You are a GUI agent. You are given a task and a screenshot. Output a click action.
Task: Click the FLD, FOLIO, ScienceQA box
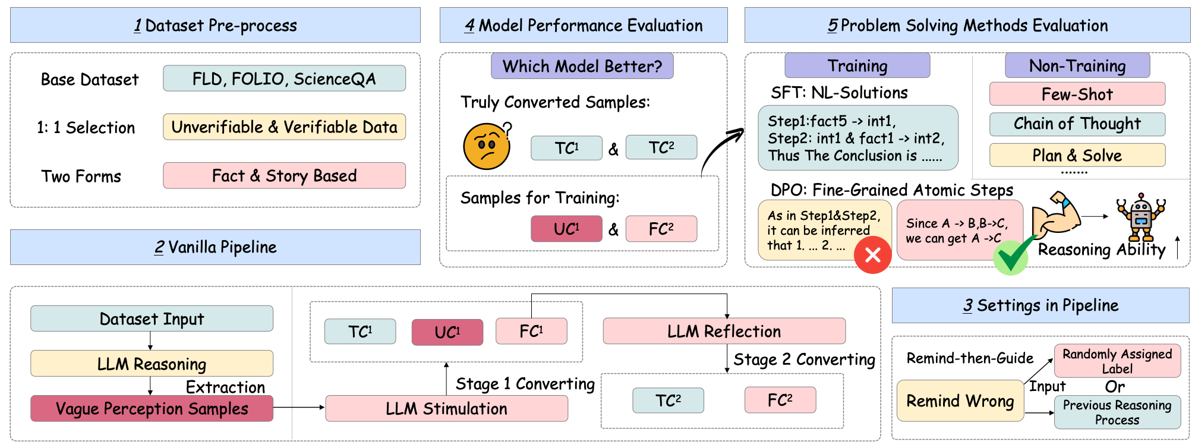[284, 78]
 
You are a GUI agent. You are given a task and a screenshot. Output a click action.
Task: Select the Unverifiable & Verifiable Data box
[284, 127]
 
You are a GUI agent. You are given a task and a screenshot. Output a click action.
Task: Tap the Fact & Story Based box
[284, 176]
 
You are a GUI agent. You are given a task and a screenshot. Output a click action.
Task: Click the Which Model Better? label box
[582, 66]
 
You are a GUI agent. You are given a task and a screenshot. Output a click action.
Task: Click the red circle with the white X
[872, 255]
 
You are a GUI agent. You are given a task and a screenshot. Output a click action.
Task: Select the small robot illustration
[1141, 216]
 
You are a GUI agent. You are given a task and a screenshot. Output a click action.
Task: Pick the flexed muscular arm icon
[1056, 215]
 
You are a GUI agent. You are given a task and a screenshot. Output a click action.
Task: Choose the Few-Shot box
[1077, 94]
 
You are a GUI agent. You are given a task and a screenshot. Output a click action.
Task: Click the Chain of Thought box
[1077, 124]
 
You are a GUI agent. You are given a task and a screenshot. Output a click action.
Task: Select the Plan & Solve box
[1077, 156]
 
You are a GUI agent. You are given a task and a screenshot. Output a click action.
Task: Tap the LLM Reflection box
[724, 332]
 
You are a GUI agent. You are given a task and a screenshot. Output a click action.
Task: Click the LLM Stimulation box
[446, 409]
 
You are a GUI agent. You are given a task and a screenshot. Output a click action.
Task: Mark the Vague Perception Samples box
[152, 409]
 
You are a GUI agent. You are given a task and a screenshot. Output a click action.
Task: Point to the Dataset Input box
[152, 319]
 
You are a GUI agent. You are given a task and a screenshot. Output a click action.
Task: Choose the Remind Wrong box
[960, 401]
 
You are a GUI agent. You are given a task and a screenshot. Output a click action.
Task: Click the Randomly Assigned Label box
[1117, 361]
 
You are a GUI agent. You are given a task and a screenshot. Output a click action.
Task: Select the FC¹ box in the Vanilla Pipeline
[531, 332]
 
